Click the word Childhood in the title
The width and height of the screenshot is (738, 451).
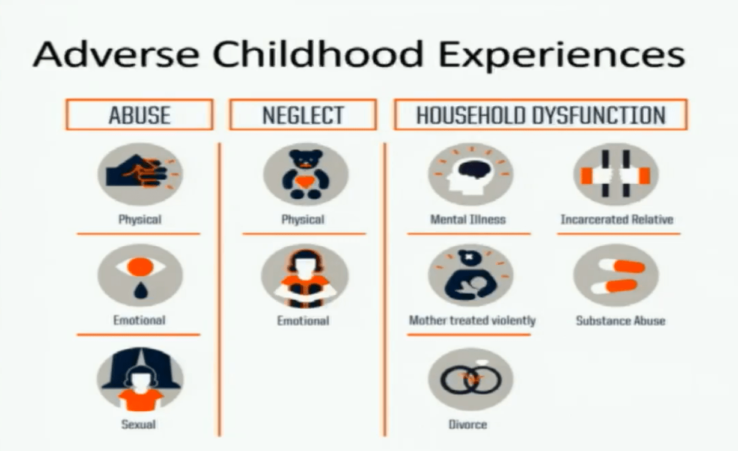[x=317, y=53]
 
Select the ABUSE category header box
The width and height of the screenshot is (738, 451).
[x=139, y=115]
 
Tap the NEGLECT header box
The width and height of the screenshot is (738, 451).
[x=303, y=115]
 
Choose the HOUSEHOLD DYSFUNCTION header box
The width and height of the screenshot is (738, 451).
[x=541, y=115]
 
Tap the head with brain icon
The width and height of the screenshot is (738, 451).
[x=471, y=174]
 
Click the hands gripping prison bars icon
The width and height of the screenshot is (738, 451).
[x=616, y=174]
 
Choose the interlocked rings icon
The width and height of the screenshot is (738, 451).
[x=471, y=379]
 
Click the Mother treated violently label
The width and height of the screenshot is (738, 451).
[x=472, y=320]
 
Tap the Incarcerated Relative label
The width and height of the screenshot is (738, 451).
[x=617, y=219]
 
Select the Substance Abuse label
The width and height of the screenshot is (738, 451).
[x=620, y=321]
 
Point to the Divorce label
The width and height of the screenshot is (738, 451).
[x=468, y=425]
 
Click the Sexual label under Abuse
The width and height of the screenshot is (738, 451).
[x=138, y=425]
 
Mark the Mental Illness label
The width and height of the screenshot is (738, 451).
[x=468, y=219]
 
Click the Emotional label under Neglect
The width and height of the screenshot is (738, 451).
[x=303, y=321]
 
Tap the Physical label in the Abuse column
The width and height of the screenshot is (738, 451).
[x=139, y=220]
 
